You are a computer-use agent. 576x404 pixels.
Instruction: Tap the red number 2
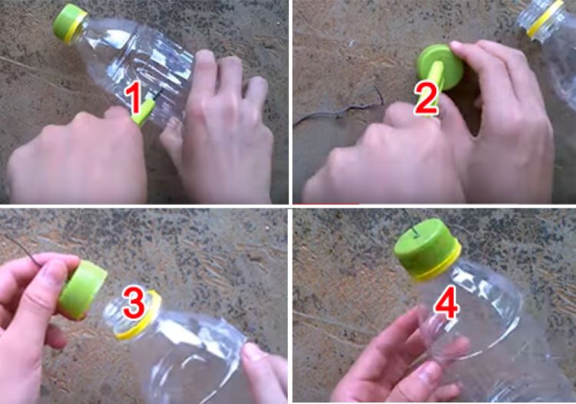coord(427,99)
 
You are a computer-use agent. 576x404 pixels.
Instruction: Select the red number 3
coord(134,302)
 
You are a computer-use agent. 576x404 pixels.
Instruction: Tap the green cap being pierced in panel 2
coord(439,67)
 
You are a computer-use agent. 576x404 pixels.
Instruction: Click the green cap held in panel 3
coord(83,290)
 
